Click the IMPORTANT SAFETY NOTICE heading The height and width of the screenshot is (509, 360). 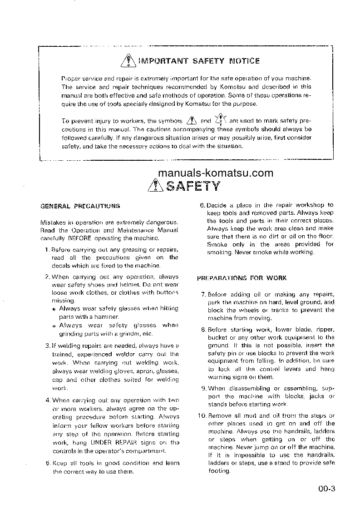(199, 61)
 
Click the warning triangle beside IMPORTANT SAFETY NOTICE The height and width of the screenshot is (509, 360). (129, 60)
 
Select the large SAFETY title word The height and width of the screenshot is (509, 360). (193, 186)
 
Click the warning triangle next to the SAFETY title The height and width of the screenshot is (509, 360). (156, 186)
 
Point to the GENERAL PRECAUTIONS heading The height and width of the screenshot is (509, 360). (80, 206)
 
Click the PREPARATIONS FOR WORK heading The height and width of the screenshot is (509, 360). (242, 278)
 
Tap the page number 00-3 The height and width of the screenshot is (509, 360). (326, 489)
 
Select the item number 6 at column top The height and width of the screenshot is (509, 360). (202, 205)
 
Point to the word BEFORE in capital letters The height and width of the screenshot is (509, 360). (79, 237)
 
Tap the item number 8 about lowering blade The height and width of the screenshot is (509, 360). (203, 330)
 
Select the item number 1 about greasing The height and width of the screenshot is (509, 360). (47, 250)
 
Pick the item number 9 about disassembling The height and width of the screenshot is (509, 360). (203, 388)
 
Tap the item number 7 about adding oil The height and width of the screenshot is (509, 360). (203, 295)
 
